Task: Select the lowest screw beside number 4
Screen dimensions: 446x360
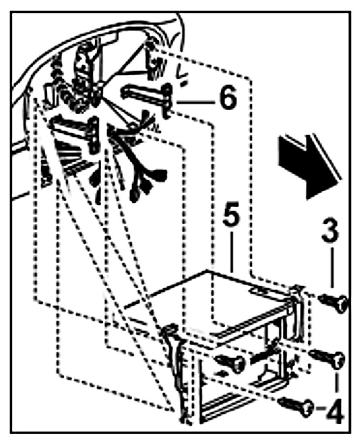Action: click(297, 406)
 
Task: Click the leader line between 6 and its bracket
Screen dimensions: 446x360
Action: click(194, 102)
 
